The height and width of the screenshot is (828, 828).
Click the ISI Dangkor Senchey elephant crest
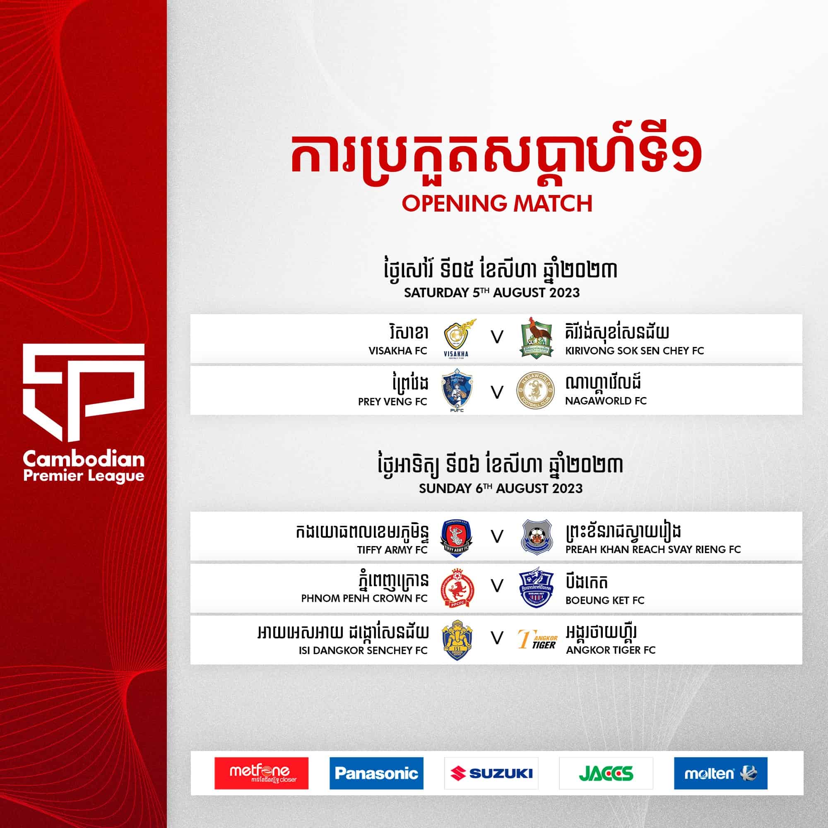click(x=457, y=639)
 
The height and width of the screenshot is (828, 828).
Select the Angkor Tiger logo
click(x=537, y=639)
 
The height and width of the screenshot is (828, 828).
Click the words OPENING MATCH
click(x=497, y=203)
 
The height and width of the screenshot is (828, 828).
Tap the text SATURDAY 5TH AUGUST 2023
click(x=491, y=293)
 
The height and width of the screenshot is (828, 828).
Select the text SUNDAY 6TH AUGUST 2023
click(x=501, y=488)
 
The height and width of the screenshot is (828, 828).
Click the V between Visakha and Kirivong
click(x=497, y=338)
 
